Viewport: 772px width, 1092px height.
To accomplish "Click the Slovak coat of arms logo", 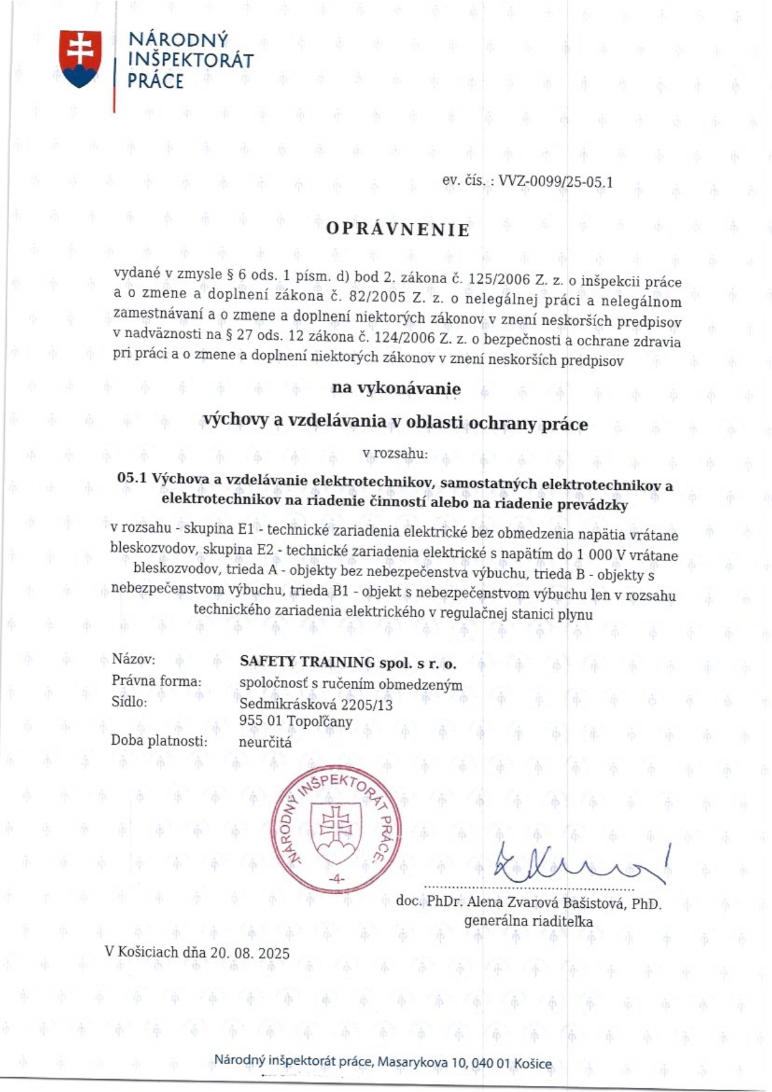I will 80,59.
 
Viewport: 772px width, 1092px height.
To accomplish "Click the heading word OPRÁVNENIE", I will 398,230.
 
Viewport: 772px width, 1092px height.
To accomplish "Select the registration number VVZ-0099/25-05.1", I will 556,182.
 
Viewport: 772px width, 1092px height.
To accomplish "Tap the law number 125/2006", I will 499,279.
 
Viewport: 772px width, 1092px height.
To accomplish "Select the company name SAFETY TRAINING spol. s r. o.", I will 348,663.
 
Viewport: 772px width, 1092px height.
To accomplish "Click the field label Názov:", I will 133,659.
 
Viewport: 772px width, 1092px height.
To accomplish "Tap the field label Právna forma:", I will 156,681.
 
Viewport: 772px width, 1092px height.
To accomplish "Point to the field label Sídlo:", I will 129,702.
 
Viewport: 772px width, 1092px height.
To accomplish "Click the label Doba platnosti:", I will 159,740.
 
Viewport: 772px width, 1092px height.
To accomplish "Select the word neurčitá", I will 265,742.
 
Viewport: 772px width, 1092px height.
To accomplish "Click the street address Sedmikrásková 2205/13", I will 316,704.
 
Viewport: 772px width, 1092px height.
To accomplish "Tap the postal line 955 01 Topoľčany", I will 296,722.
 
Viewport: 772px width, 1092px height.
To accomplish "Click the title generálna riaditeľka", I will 528,921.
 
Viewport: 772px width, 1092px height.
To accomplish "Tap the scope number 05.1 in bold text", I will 131,478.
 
